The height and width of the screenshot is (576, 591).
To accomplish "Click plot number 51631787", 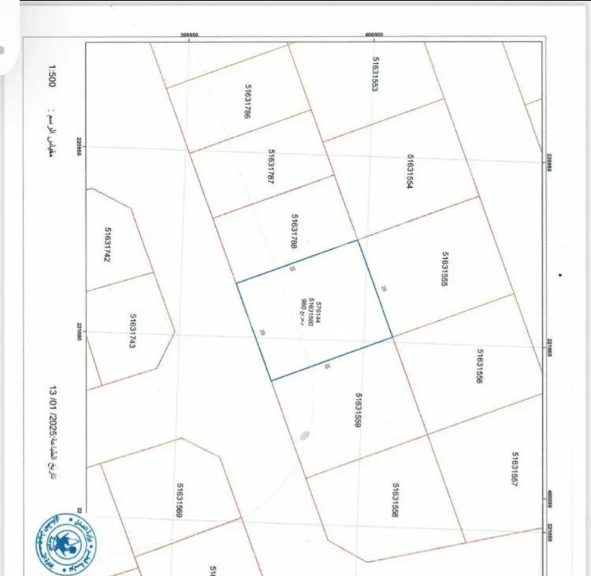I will point(270,166).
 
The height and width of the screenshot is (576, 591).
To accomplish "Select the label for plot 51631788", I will point(294,231).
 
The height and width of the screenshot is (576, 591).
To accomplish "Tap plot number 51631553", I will point(375,74).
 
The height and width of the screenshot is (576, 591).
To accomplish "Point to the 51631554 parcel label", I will point(410,172).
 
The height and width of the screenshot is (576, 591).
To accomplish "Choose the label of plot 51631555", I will point(444,269).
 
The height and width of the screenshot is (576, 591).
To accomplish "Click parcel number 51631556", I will point(480,366).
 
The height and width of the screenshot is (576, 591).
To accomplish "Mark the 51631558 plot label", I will point(394,500).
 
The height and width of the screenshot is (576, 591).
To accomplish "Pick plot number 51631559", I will point(359,410).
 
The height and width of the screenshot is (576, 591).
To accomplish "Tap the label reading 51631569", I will point(178,500).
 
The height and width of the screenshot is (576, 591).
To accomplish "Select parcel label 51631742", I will point(108,246).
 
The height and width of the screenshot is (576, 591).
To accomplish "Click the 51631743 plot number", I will point(133,332).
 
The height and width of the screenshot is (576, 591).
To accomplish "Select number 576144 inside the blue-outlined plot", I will point(319,311).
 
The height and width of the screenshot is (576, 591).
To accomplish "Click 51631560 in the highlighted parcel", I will point(311,311).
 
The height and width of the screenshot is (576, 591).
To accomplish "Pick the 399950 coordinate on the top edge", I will point(189,35).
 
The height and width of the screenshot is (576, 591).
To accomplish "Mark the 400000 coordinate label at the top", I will point(374,35).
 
